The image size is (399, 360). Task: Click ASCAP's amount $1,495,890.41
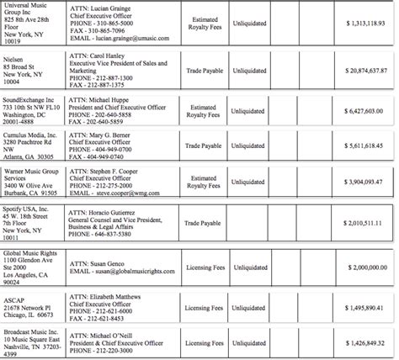[363, 309]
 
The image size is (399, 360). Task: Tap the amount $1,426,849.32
[363, 343]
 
